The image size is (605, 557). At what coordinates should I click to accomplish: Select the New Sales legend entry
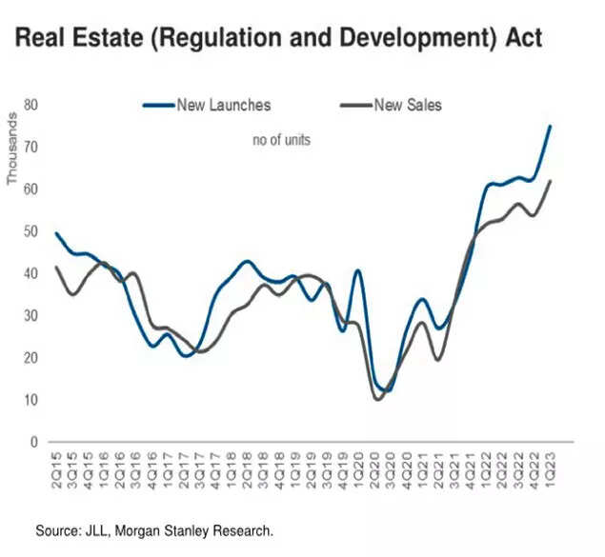pos(408,105)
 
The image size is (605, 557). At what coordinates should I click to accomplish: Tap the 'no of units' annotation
pos(281,140)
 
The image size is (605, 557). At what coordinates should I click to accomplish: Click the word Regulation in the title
pos(214,39)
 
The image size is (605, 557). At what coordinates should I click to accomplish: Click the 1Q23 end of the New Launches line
pos(550,127)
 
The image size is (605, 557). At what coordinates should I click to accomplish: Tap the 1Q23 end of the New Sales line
pos(550,181)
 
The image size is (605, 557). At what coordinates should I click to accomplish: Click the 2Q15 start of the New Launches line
pos(56,233)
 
